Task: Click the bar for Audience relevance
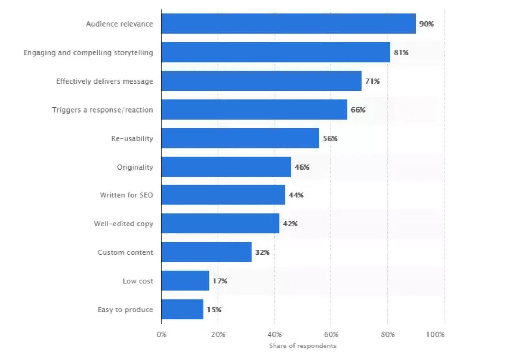288,24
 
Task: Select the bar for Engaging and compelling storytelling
276,52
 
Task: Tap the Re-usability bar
240,138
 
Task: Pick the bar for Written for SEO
223,195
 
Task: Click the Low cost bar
185,281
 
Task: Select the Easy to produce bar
182,309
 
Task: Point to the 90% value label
426,24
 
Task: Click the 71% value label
372,81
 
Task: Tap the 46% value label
302,167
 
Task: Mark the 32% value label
262,252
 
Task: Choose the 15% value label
214,310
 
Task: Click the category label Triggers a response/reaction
102,110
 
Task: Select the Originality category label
135,167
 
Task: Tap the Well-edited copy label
123,224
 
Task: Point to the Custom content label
125,252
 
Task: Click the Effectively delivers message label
105,81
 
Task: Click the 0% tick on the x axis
161,334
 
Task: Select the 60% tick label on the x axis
331,334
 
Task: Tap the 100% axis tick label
435,334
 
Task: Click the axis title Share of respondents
303,346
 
